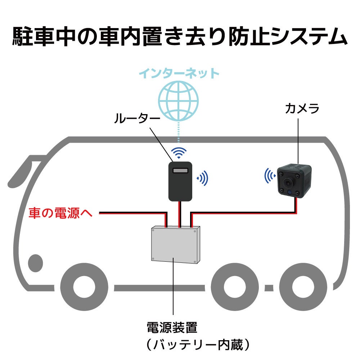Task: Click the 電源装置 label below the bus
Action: (x=172, y=328)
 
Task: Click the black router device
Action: (x=180, y=181)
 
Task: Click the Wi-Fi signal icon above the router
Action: (x=179, y=153)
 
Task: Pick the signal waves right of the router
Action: (x=203, y=178)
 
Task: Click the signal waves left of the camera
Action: (x=269, y=175)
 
